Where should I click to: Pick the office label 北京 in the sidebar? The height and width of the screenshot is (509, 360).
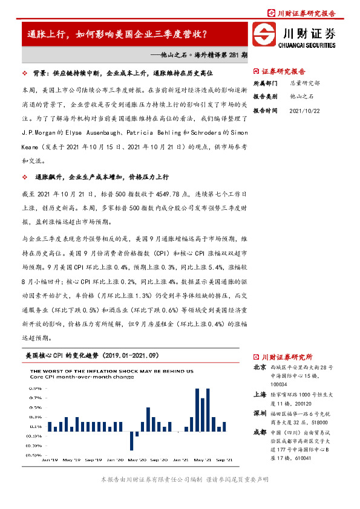[x=259, y=367]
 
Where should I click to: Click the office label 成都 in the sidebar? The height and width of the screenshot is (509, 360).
[x=259, y=432]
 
